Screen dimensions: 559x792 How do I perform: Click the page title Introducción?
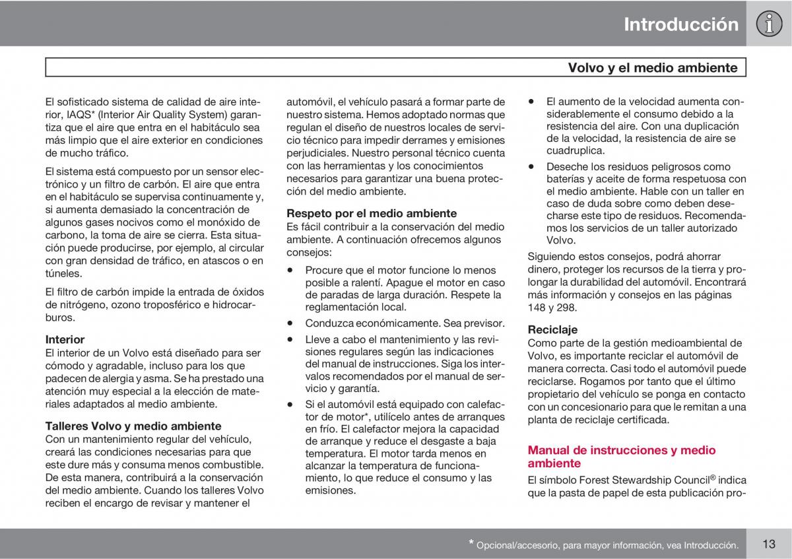coord(680,24)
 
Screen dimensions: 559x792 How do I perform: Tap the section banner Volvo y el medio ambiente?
coord(652,67)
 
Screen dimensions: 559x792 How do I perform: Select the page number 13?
coord(768,544)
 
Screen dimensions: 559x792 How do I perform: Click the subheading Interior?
coord(65,339)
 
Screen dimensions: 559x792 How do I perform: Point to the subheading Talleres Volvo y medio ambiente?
coord(133,426)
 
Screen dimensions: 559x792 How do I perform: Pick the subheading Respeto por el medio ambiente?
coord(371,213)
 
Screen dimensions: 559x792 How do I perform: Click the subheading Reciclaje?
coord(552,329)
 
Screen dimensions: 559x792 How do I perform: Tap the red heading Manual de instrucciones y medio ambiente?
coord(621,457)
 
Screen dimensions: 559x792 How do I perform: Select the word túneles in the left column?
coord(64,273)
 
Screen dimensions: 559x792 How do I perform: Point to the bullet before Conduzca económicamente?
coord(290,323)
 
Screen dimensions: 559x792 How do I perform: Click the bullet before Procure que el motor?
coord(290,270)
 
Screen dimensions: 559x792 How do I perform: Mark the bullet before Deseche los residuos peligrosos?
coord(531,167)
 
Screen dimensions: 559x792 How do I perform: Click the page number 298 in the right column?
coord(567,308)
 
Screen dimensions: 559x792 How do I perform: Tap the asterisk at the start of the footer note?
coord(471,543)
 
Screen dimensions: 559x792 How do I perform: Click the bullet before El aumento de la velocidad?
coord(531,102)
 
